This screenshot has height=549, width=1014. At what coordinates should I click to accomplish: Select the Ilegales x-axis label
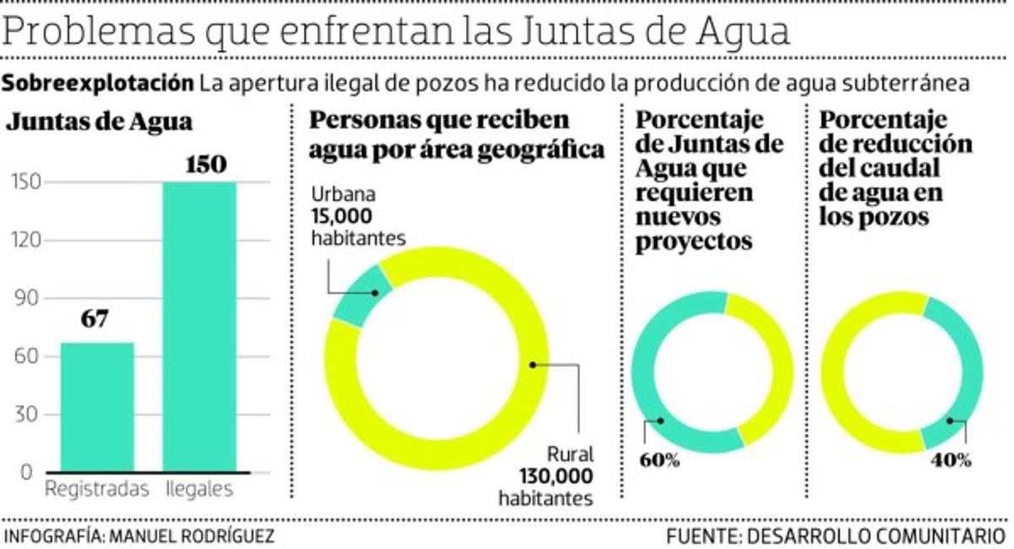click(x=199, y=489)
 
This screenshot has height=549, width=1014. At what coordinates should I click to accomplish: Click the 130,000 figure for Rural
click(x=546, y=476)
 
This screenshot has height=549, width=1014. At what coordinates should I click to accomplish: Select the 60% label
click(x=660, y=460)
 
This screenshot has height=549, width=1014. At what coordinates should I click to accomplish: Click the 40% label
click(x=951, y=460)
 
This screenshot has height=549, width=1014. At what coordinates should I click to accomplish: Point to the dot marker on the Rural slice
click(x=533, y=365)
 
